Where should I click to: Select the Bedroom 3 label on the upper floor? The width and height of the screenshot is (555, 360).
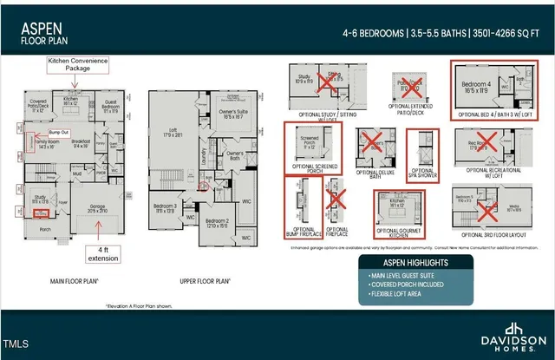pyautogui.click(x=166, y=207)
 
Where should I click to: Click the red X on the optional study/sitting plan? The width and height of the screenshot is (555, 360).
pyautogui.click(x=328, y=84)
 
